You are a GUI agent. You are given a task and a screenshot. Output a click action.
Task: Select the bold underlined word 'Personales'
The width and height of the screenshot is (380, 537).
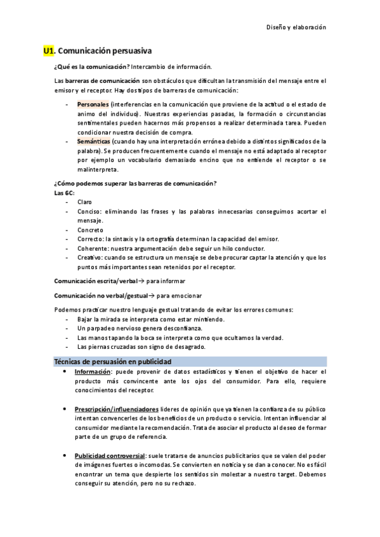[x=93, y=104]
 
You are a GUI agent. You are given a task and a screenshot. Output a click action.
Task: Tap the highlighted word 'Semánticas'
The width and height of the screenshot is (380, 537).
[x=94, y=141]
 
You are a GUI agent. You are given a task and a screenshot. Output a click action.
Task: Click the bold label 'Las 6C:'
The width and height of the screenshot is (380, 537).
[x=64, y=192]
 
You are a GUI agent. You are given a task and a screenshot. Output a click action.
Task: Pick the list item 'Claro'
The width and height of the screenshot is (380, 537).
[x=84, y=201]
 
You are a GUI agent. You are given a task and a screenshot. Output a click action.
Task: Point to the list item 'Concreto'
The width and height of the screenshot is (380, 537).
[x=90, y=230]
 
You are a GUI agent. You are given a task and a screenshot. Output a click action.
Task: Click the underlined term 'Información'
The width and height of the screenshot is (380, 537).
[x=93, y=372]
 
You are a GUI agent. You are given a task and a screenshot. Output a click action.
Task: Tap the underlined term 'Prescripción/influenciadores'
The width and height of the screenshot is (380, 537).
[x=117, y=409]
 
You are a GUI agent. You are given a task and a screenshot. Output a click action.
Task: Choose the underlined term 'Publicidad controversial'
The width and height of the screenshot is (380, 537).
[x=110, y=455]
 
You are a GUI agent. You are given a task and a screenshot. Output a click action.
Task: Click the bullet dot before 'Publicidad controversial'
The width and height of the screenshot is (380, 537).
[x=65, y=455]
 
